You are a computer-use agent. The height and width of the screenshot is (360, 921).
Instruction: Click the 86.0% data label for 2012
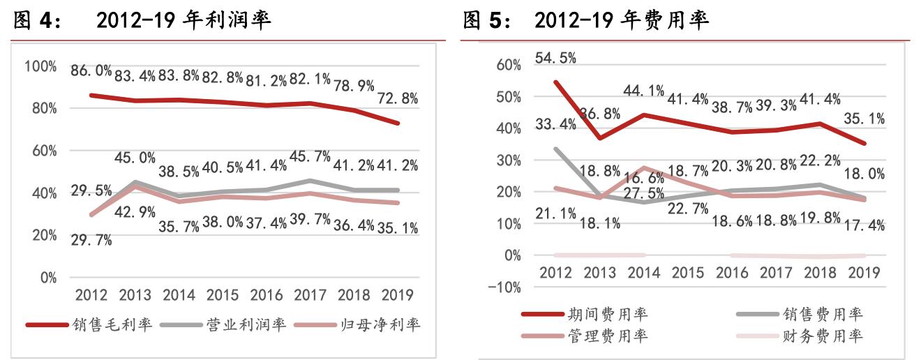coord(91,70)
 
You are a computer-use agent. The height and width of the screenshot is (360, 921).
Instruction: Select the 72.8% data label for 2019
coord(398,98)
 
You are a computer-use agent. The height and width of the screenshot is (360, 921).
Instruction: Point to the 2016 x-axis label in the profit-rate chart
coord(266,294)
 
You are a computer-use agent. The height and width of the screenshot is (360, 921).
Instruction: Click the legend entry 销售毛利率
coord(112,325)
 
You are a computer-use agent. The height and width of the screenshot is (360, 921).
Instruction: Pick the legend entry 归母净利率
coord(381,325)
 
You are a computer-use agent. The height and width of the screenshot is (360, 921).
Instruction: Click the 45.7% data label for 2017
coord(310,157)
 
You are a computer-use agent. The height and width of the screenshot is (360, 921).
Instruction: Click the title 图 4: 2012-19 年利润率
coord(142,21)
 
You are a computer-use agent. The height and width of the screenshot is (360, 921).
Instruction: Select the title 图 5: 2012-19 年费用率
coord(586,21)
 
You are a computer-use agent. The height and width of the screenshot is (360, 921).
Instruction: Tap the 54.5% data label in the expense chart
coord(555,58)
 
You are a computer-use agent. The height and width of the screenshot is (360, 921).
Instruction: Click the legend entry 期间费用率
coord(607,314)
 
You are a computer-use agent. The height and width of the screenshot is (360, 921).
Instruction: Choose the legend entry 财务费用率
coord(824,336)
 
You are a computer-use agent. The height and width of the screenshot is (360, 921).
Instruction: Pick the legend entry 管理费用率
coord(607,336)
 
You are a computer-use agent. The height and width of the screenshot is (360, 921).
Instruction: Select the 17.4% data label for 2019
coord(865,225)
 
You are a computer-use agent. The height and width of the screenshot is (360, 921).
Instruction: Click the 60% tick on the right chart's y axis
coord(507,65)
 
